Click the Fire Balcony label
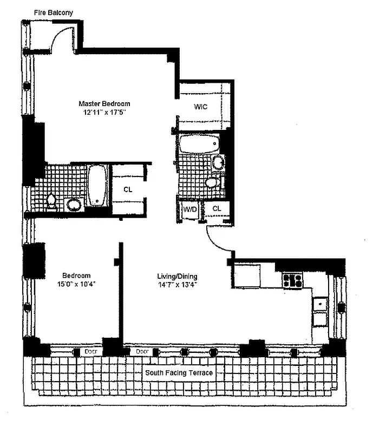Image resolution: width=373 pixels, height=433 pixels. tap(54, 12)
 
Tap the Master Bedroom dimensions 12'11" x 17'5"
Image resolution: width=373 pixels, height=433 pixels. tap(104, 113)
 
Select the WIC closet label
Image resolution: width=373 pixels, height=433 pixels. tap(201, 107)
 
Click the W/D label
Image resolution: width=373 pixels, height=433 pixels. tap(190, 209)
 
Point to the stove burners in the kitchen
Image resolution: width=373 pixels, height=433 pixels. tap(292, 280)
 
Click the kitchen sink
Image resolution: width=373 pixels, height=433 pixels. tap(320, 305)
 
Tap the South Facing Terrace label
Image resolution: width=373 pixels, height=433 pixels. tap(179, 373)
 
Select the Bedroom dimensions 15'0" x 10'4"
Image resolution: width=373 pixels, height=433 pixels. tap(76, 284)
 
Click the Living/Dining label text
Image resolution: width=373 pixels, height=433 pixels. tap(177, 276)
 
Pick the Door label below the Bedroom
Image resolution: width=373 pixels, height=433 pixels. tap(91, 351)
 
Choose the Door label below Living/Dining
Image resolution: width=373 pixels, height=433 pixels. tap(142, 351)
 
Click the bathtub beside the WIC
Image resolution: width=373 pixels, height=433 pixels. tap(199, 143)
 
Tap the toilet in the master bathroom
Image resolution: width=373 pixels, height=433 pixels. tap(51, 201)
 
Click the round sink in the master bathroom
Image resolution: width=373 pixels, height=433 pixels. tap(74, 205)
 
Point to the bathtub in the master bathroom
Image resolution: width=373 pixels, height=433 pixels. tap(97, 186)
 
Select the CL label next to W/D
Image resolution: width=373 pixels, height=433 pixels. tap(217, 208)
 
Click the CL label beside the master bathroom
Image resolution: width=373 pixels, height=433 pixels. tap(128, 189)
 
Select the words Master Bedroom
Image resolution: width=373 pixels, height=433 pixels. tap(104, 104)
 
